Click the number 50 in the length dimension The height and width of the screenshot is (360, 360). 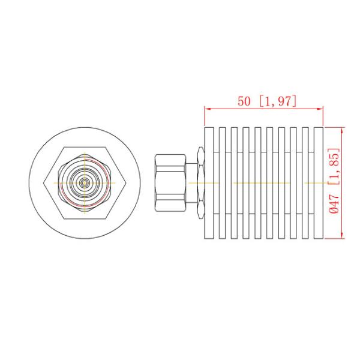click(244, 101)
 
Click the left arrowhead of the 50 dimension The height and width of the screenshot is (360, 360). click(208, 109)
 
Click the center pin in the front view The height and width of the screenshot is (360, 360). click(85, 181)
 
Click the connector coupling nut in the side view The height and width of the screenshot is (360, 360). click(169, 181)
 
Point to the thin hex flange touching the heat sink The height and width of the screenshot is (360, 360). click(200, 181)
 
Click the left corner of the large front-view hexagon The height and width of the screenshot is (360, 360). click(46, 181)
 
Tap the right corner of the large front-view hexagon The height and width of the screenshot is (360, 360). click(124, 181)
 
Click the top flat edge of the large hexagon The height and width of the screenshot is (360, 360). click(85, 148)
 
